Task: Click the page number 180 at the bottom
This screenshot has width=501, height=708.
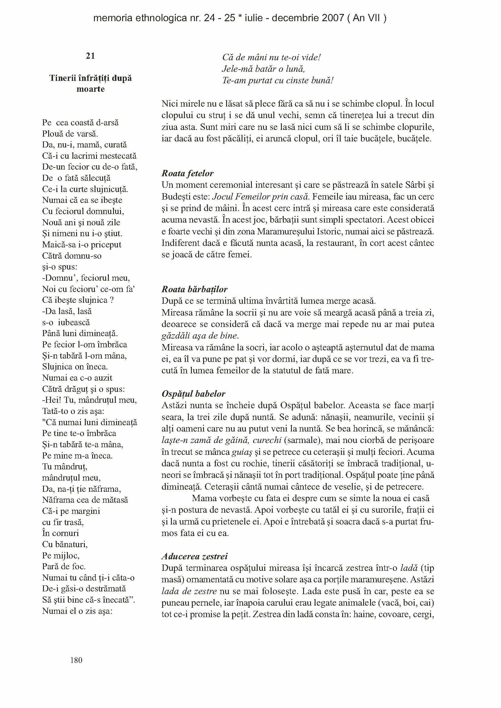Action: tap(76, 660)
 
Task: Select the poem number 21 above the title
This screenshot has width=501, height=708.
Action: tap(90, 56)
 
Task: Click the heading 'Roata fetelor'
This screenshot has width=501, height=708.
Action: tap(187, 173)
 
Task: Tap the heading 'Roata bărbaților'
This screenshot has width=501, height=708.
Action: tap(195, 289)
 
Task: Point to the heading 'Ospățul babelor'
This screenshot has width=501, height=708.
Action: tap(194, 394)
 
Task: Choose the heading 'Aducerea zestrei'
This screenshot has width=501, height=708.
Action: tap(195, 556)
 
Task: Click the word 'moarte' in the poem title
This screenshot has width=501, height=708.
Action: tap(90, 89)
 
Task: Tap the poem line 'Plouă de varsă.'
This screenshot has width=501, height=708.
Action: tap(70, 134)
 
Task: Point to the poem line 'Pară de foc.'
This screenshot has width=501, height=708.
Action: tap(64, 567)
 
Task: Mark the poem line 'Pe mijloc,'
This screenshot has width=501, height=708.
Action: tap(61, 555)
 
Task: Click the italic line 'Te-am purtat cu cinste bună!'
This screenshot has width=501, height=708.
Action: tap(278, 81)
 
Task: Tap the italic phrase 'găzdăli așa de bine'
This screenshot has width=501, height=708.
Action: tap(200, 336)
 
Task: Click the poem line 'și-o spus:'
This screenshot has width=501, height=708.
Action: tap(60, 267)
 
